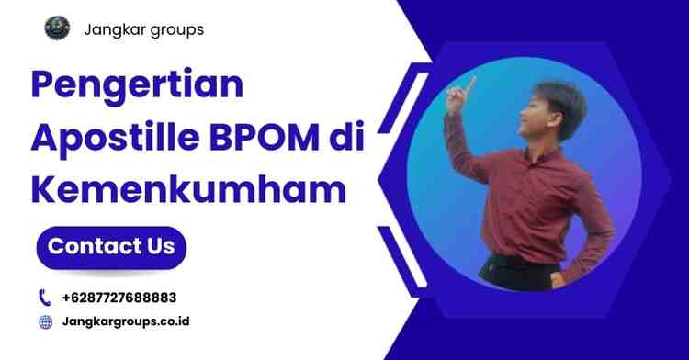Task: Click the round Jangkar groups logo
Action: (x=57, y=28)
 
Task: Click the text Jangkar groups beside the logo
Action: (x=144, y=29)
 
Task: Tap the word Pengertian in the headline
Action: (x=138, y=85)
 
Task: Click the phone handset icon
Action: (x=45, y=297)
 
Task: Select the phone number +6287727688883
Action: (x=119, y=298)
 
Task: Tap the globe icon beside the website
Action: (x=45, y=321)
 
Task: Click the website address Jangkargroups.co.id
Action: (x=126, y=321)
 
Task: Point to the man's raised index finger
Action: (x=471, y=82)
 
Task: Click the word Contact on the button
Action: (x=91, y=246)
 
